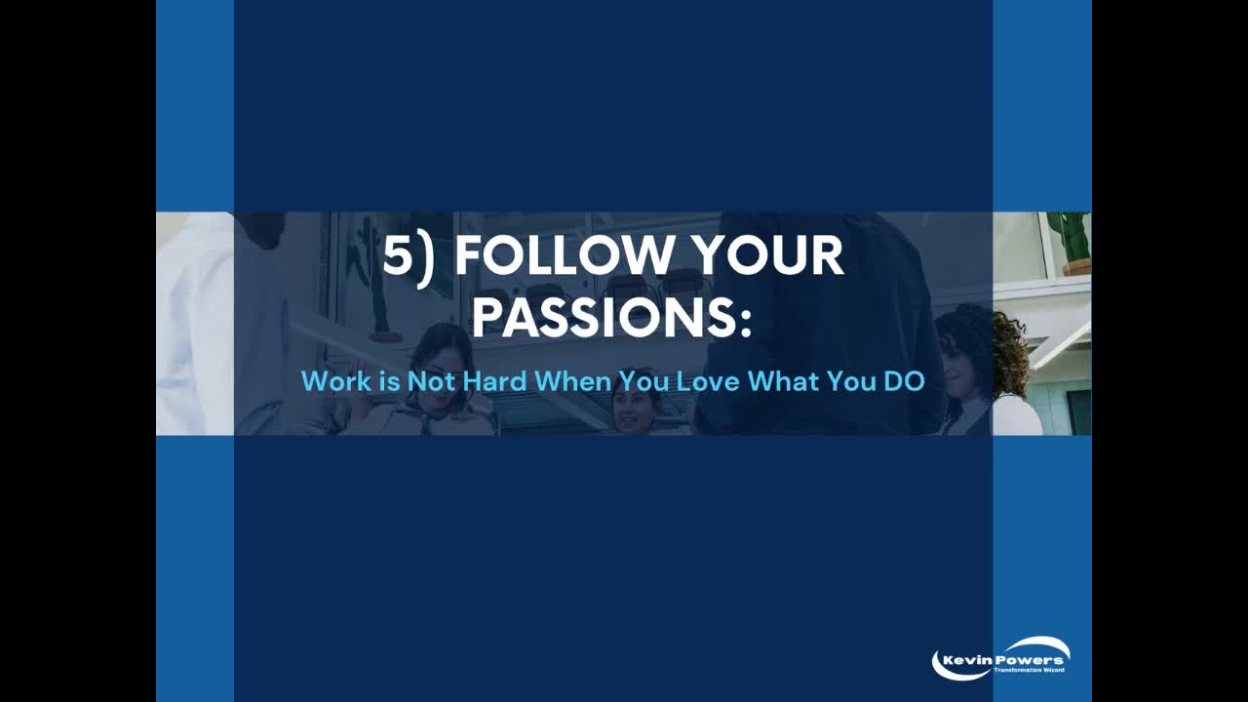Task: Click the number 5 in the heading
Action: point(399,255)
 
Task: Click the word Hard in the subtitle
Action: point(494,381)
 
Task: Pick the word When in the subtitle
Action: point(572,381)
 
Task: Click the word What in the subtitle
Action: point(783,381)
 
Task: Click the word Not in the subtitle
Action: point(431,381)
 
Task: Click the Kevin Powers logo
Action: point(1001,659)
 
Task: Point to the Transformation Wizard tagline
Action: point(1029,670)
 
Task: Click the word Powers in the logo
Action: point(1030,660)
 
